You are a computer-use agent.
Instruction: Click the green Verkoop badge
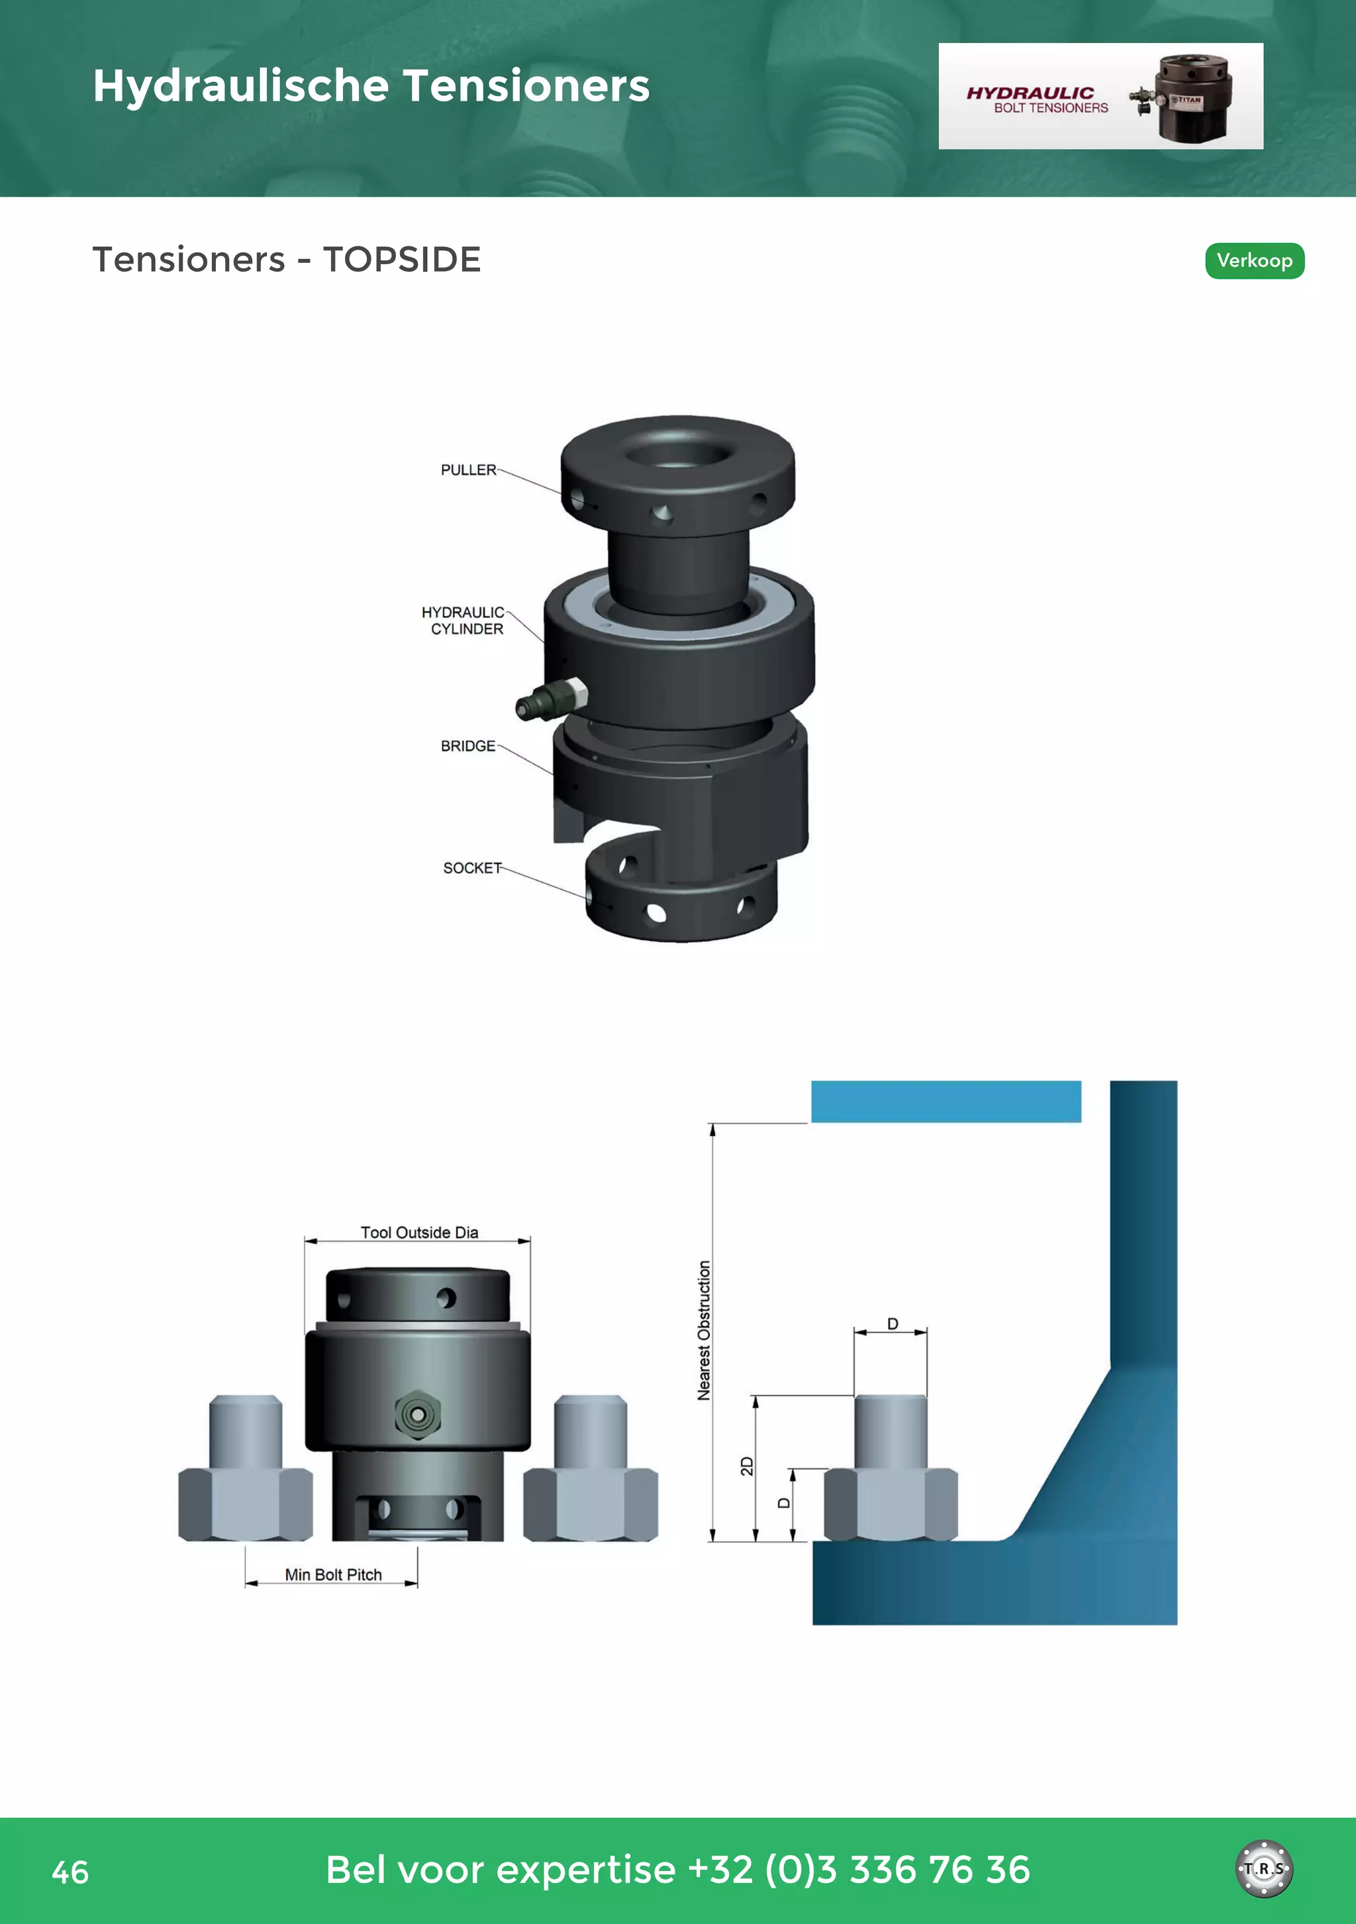coord(1254,261)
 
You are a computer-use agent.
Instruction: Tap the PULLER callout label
coord(469,470)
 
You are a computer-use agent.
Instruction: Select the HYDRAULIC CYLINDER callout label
coord(463,621)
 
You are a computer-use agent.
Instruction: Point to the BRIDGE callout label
coord(467,746)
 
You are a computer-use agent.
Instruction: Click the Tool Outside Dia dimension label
coord(419,1233)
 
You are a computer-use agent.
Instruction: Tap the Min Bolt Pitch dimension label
coord(333,1574)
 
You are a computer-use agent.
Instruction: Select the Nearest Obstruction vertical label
coord(704,1331)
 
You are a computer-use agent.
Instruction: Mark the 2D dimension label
coord(747,1467)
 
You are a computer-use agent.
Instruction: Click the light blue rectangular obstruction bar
coord(945,1101)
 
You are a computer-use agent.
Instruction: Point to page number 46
coord(70,1872)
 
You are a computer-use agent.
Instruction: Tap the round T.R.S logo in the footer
coord(1264,1868)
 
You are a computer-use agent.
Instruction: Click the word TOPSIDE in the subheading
coord(401,260)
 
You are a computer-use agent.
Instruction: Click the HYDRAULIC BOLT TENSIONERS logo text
coord(1038,99)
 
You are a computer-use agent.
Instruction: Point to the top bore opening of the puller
coord(677,457)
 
